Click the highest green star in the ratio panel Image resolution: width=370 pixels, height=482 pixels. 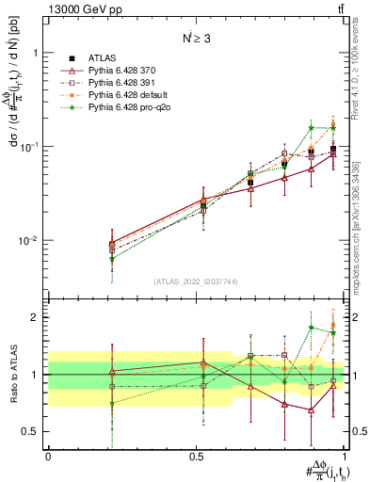tap(312, 328)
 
